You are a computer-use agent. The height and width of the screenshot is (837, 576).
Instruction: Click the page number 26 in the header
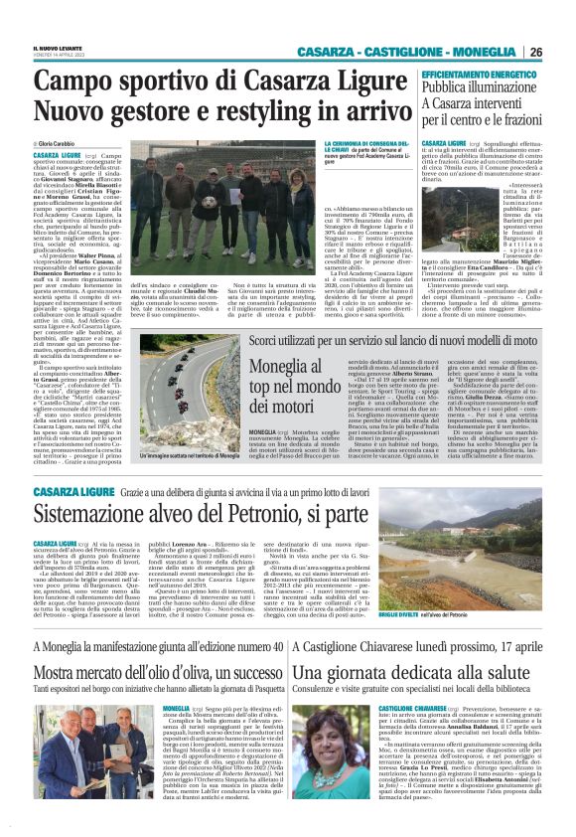[x=535, y=52]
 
